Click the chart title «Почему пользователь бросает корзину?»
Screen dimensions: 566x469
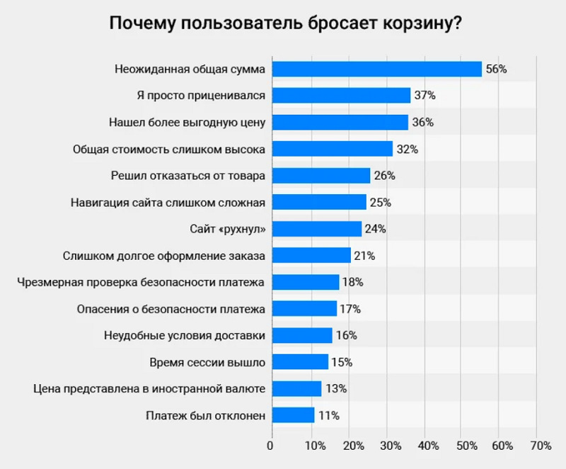point(286,24)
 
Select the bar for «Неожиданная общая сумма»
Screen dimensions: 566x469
point(377,69)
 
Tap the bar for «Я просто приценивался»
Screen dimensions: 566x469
point(341,96)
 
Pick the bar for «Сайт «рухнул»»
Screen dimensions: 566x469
point(317,229)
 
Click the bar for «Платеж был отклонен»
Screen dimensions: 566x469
point(293,415)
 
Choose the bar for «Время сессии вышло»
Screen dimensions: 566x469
point(300,362)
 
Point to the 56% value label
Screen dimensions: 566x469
point(497,69)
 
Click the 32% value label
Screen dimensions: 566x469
point(408,149)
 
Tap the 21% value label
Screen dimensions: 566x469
point(364,256)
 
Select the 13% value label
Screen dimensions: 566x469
point(337,389)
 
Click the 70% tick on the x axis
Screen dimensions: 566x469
point(541,446)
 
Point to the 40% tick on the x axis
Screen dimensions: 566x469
point(429,446)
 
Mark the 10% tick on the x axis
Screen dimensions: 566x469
point(316,446)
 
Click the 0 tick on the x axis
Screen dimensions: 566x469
point(270,446)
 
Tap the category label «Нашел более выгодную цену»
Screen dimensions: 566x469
point(187,123)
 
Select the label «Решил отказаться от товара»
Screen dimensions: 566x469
point(188,176)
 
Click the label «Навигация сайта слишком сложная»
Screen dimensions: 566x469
point(168,203)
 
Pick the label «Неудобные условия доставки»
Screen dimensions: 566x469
point(185,336)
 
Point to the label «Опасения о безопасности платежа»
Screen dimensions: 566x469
point(171,310)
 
